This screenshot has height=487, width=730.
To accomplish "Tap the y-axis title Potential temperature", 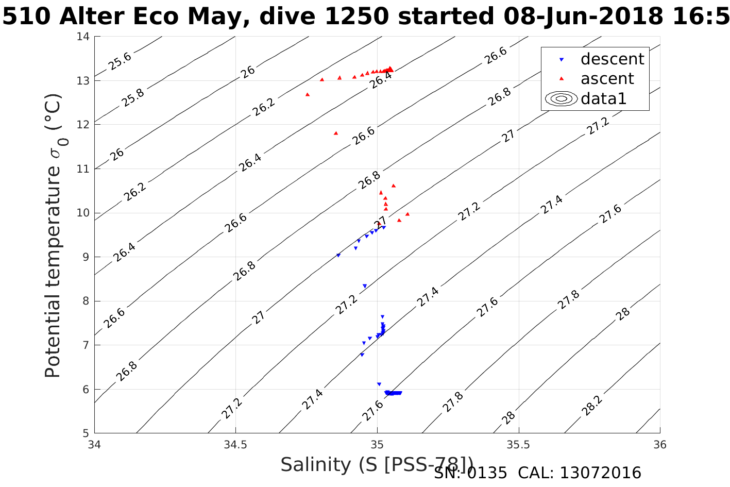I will pos(53,236).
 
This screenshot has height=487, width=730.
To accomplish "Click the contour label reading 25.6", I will pos(120,61).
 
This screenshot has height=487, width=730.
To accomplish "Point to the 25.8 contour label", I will pos(133,97).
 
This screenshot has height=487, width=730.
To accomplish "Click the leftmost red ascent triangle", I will pos(308,94).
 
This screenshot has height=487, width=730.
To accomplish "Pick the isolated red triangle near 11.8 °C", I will pos(336,133).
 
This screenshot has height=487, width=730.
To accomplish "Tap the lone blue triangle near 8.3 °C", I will pos(365,286).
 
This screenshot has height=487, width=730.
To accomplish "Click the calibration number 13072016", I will pos(600,473).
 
